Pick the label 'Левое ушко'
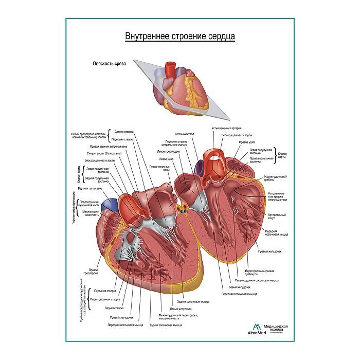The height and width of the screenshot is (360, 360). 167,159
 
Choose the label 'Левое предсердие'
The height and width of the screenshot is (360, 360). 168,152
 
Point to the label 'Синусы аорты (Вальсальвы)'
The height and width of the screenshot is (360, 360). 103,154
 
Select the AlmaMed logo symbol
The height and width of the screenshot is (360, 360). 256,329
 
